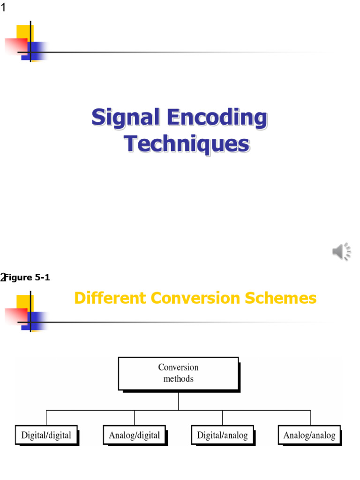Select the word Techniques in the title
click(187, 144)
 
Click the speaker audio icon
click(342, 252)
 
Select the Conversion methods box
click(178, 373)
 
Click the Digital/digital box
click(46, 435)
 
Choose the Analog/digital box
click(134, 435)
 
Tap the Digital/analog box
click(222, 435)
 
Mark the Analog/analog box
click(309, 435)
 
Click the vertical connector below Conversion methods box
click(178, 400)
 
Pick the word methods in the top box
click(178, 379)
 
